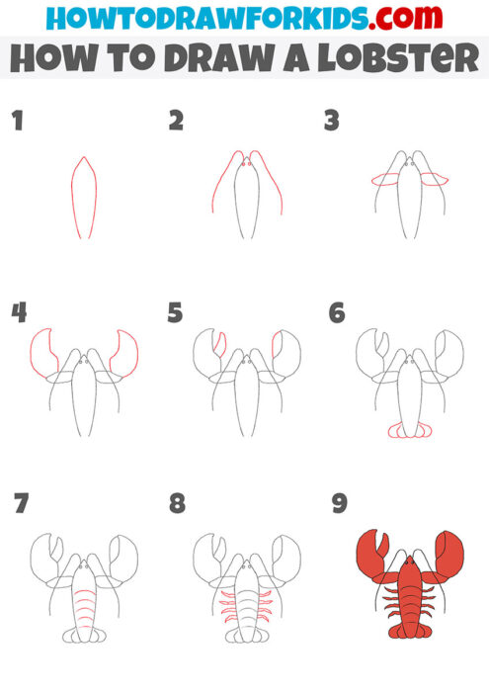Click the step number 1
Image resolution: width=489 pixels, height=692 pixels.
[x=17, y=122]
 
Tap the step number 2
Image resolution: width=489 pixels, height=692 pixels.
[x=176, y=122]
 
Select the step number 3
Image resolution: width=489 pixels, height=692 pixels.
[x=333, y=122]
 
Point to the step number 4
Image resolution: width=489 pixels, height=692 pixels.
[x=19, y=313]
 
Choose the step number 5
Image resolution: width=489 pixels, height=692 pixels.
[x=176, y=313]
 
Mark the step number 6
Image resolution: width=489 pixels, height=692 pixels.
[x=337, y=313]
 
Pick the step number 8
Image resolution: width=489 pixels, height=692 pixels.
[x=177, y=504]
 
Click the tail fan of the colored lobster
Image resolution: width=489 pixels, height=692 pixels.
[x=408, y=630]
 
